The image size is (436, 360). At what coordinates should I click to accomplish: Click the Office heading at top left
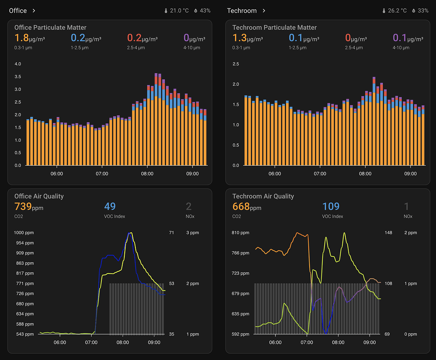click(x=18, y=11)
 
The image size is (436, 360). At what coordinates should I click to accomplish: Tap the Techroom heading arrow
click(x=264, y=11)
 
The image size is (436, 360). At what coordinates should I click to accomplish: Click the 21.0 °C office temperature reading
click(x=179, y=11)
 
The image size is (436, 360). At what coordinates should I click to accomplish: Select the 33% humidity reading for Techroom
click(x=423, y=11)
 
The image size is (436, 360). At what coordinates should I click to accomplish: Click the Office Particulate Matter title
click(x=50, y=28)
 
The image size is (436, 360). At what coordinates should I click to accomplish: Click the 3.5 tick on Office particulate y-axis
click(x=18, y=77)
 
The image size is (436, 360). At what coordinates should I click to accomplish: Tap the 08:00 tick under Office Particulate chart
click(x=147, y=174)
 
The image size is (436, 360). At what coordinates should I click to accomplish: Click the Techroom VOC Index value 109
click(x=331, y=207)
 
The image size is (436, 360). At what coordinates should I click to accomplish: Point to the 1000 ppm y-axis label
click(x=24, y=233)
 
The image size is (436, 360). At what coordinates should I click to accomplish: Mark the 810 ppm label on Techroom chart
click(x=241, y=233)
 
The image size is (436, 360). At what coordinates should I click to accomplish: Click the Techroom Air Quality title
click(x=263, y=196)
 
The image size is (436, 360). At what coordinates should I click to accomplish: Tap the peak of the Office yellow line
click(x=131, y=233)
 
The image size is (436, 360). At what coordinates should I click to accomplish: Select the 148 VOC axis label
click(x=388, y=233)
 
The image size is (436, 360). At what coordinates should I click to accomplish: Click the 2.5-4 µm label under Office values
click(x=136, y=48)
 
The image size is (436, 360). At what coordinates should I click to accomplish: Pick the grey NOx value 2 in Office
click(x=189, y=207)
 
